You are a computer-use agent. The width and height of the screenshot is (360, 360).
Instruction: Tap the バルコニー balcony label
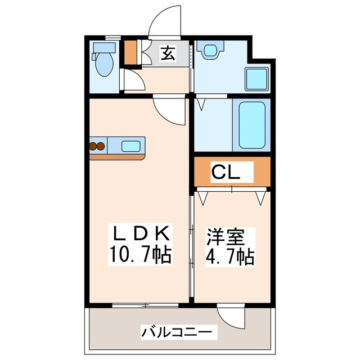point(177,332)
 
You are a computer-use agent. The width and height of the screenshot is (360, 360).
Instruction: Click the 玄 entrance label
point(168,54)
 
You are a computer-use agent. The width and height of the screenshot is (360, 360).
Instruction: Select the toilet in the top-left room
point(104,65)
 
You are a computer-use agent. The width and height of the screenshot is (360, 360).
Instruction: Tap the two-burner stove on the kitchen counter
point(97,147)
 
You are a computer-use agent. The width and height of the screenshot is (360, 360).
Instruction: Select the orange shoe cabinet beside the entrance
point(130,51)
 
